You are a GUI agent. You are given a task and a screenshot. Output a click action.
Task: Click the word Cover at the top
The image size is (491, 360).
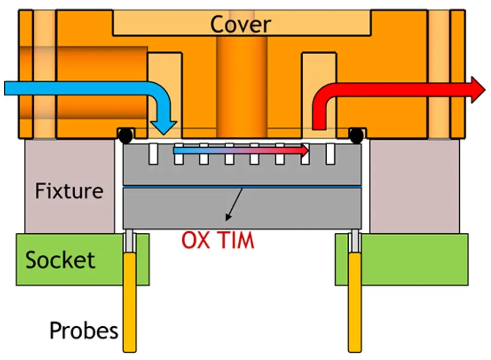240,24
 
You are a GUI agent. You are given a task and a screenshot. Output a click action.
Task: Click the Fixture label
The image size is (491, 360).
69,190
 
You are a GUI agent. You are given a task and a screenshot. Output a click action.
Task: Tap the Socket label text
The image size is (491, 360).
60,260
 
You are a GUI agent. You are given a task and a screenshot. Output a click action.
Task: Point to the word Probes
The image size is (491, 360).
84,331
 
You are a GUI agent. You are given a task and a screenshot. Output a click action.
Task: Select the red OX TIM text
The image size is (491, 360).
218,241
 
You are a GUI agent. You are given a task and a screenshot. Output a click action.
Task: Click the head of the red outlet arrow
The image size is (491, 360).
478,90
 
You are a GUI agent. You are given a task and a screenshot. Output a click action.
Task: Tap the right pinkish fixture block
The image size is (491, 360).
414,186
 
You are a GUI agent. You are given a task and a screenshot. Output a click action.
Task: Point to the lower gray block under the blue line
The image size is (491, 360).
293,208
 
